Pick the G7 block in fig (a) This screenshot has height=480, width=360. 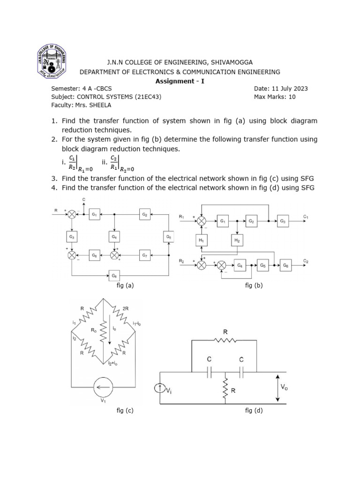145,255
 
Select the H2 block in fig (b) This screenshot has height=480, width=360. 237,240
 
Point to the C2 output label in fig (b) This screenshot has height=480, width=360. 306,261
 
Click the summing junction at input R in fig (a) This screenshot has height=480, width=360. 72,215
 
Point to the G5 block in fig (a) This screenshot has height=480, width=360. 169,237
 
